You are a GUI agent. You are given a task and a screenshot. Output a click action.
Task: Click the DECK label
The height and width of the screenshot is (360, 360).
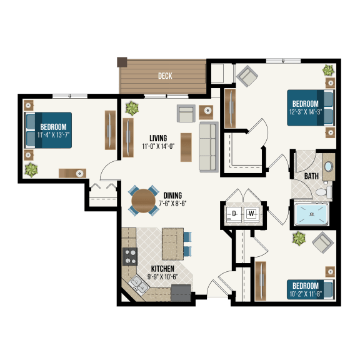pyautogui.click(x=165, y=76)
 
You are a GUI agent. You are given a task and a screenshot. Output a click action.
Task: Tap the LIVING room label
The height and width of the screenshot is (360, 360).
pyautogui.click(x=157, y=138)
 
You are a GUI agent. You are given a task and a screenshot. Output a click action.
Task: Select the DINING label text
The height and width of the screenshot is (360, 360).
pyautogui.click(x=173, y=195)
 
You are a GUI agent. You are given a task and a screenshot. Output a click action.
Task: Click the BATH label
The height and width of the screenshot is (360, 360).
pyautogui.click(x=311, y=176)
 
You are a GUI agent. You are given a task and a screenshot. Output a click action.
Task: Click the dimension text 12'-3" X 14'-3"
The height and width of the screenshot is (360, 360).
pyautogui.click(x=304, y=112)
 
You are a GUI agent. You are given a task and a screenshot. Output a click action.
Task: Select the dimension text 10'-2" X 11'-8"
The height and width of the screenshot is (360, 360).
pyautogui.click(x=306, y=291)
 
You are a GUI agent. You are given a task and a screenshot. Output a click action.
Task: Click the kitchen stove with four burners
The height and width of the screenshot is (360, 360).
pyautogui.click(x=130, y=256)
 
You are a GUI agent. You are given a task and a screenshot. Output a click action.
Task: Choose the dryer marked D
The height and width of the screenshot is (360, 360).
pyautogui.click(x=233, y=214)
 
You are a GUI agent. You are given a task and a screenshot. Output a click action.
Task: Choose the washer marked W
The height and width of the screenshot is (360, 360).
pyautogui.click(x=252, y=214)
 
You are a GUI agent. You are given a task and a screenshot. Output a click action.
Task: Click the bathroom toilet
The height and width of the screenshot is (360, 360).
pyautogui.click(x=324, y=192)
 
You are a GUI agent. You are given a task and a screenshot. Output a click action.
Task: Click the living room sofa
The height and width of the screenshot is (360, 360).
pyautogui.click(x=207, y=146)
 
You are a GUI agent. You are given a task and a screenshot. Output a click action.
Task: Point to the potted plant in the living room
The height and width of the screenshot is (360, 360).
pyautogui.click(x=132, y=108)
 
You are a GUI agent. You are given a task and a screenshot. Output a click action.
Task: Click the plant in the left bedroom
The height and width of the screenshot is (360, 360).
pyautogui.click(x=30, y=169)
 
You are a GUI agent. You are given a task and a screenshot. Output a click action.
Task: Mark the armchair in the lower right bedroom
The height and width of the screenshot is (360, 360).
pyautogui.click(x=322, y=242)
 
